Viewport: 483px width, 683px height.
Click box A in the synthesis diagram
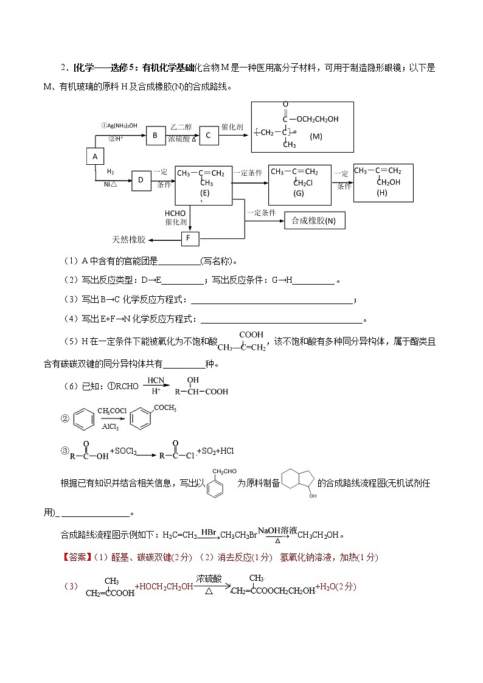(x=94, y=157)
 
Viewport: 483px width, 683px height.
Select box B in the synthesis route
(x=155, y=136)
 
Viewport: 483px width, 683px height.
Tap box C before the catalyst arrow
(x=208, y=136)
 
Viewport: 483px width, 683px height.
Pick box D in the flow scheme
(x=141, y=180)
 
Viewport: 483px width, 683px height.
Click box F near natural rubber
(x=190, y=238)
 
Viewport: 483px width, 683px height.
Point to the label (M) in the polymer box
(x=316, y=137)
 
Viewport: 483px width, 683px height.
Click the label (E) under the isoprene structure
(x=204, y=192)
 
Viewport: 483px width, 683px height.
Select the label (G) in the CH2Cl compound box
(x=298, y=193)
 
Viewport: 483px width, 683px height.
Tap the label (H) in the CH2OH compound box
(x=381, y=192)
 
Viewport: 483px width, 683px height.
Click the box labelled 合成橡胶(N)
(x=314, y=221)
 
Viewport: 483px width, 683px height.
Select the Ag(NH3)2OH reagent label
(x=119, y=126)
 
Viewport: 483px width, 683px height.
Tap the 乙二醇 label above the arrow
(x=181, y=127)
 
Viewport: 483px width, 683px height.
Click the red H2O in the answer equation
(x=329, y=587)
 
